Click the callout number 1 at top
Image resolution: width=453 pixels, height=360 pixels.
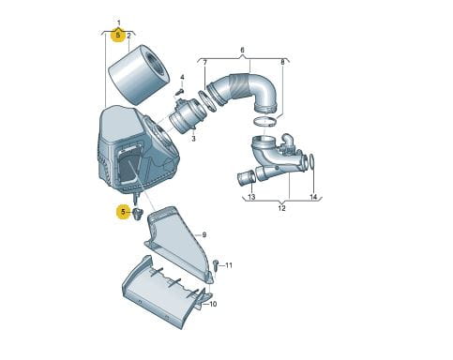[118, 22]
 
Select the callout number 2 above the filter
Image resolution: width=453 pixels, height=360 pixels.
[128, 36]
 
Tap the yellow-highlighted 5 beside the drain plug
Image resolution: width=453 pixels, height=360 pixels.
[123, 212]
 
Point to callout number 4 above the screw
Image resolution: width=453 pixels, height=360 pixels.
[182, 77]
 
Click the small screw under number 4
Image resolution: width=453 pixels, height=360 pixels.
[180, 92]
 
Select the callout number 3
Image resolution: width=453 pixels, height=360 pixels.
[193, 138]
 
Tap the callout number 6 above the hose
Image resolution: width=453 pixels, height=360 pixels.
[242, 50]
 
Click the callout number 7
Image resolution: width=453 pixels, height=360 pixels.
[204, 63]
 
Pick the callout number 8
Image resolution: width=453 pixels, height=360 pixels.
[282, 63]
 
